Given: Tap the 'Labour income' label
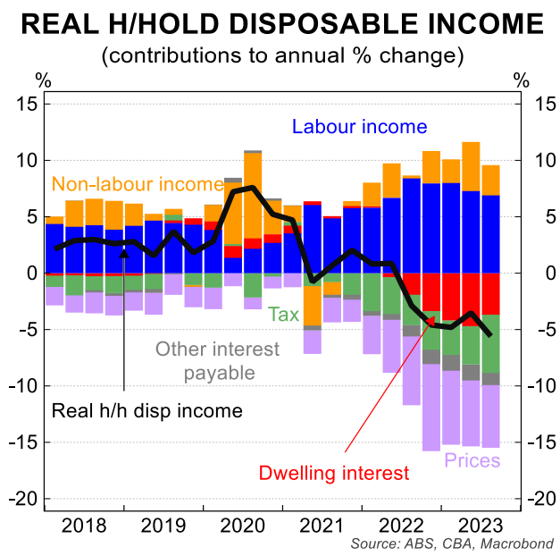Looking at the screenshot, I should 361,127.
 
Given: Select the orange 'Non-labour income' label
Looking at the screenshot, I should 137,185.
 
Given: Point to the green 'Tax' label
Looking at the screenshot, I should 285,314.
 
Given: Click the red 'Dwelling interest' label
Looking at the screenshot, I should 333,473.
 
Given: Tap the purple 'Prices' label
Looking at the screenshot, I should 472,461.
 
